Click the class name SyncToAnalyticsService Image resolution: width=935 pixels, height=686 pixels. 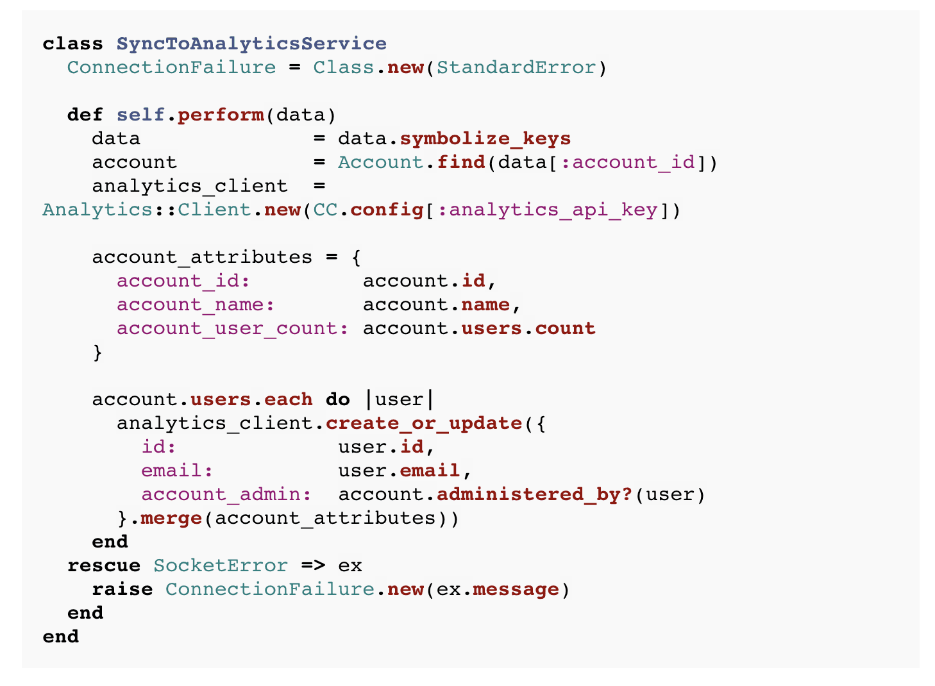pyautogui.click(x=251, y=44)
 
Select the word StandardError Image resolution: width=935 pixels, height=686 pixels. pyautogui.click(x=517, y=67)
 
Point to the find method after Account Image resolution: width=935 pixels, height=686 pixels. pyautogui.click(x=461, y=162)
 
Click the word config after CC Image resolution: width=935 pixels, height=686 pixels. pyautogui.click(x=387, y=210)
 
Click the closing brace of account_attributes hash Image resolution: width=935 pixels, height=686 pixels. pyautogui.click(x=97, y=353)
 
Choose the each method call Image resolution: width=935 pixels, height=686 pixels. pyautogui.click(x=289, y=400)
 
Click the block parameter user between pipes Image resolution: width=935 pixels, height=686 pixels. pyautogui.click(x=400, y=400)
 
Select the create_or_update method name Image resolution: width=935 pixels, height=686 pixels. pyautogui.click(x=424, y=424)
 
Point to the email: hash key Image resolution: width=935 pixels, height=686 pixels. pyautogui.click(x=177, y=471)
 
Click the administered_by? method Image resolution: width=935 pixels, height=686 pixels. pyautogui.click(x=535, y=495)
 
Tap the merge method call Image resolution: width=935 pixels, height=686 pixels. pyautogui.click(x=172, y=519)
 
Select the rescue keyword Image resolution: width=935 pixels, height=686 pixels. pyautogui.click(x=104, y=566)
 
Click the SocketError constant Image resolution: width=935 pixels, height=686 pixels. pyautogui.click(x=221, y=566)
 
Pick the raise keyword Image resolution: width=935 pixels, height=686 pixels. pyautogui.click(x=122, y=590)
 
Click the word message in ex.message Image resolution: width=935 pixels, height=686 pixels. pyautogui.click(x=516, y=590)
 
